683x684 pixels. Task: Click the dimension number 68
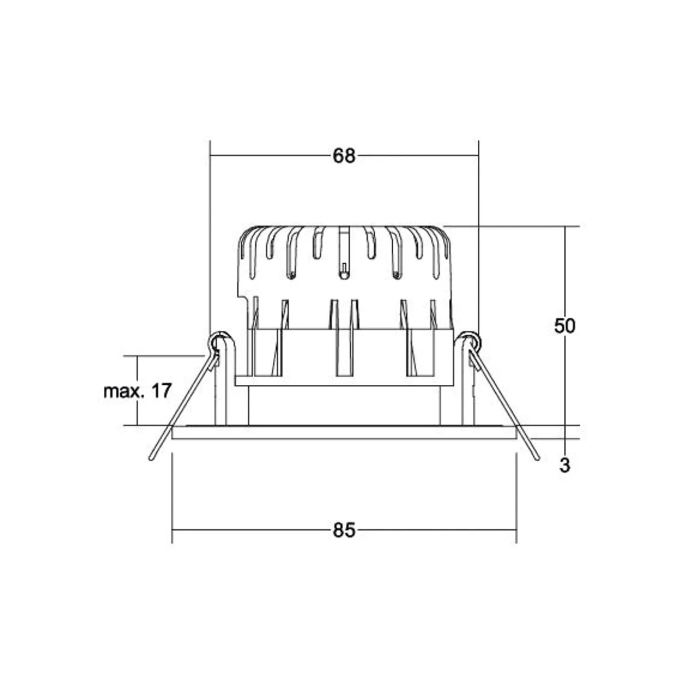344,156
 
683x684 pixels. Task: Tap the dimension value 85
344,530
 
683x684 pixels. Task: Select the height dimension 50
565,326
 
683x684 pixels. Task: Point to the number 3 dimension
565,465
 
